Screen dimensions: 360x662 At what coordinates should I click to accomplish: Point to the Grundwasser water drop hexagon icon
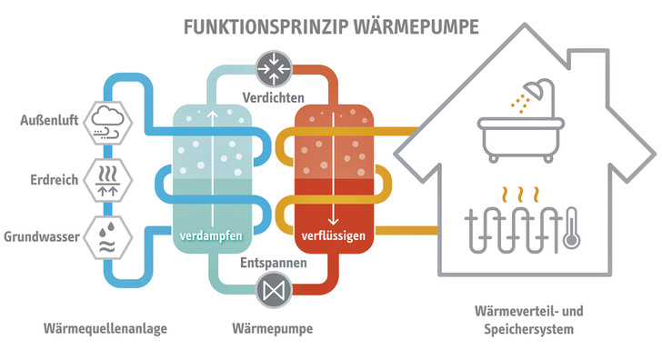pos(108,236)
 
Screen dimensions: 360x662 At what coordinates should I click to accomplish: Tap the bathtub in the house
pos(517,140)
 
